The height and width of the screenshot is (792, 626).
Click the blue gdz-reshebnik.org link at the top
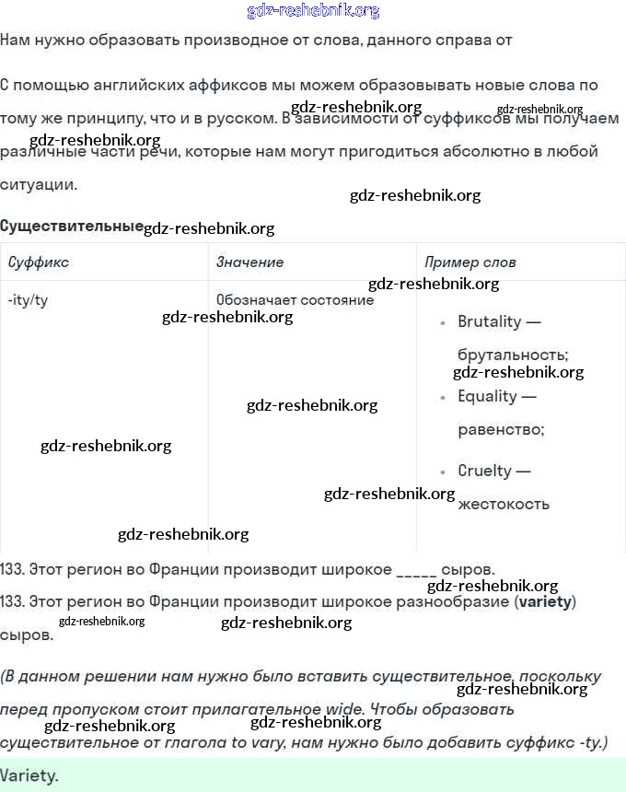[313, 11]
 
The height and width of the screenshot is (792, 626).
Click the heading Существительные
[72, 227]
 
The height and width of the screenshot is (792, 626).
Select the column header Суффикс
[39, 262]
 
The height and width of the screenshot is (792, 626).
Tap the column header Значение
[249, 262]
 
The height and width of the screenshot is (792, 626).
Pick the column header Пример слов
[469, 262]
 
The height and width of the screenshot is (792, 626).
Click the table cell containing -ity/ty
[28, 300]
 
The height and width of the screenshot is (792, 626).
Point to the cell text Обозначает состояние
[295, 300]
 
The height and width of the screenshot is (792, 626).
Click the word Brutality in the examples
[489, 322]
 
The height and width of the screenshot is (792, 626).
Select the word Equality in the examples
[487, 396]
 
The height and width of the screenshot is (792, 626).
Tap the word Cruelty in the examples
[484, 471]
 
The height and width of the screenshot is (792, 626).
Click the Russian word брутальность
[513, 355]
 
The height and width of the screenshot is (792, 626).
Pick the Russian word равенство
[501, 429]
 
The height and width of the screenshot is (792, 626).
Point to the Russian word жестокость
[504, 504]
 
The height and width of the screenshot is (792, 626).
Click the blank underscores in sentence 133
[417, 569]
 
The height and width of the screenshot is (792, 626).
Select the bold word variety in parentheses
[545, 602]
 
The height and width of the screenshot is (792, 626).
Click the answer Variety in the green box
[29, 775]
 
